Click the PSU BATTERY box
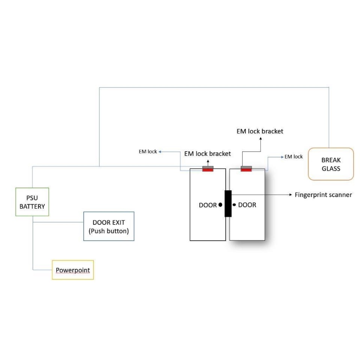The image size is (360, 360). click(32, 202)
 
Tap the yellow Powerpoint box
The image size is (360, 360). click(72, 270)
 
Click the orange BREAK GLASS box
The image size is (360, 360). click(330, 164)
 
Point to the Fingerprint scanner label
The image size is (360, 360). click(323, 195)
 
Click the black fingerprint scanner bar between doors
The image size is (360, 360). click(228, 203)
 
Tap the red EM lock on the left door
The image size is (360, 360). click(208, 170)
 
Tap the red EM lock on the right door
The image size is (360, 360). click(246, 170)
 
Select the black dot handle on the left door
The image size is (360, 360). click(220, 205)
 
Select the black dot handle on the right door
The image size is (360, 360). click(234, 205)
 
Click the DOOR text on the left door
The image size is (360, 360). click(208, 205)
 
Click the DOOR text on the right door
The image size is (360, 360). click(247, 205)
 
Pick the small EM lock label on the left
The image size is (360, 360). click(148, 152)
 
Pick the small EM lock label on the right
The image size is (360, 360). click(293, 157)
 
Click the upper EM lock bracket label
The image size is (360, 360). click(260, 131)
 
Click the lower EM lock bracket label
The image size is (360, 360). click(208, 154)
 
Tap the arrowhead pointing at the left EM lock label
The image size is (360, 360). click(160, 152)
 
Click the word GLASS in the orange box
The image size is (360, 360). click(331, 169)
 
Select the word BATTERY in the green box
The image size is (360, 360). click(32, 206)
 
